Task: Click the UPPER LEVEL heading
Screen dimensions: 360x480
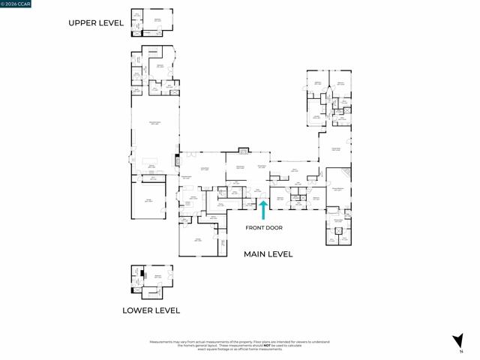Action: click(x=95, y=23)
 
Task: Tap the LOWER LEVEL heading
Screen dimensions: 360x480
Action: click(x=151, y=310)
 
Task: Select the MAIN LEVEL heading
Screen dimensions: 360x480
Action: click(x=268, y=254)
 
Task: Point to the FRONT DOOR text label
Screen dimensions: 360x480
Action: click(x=264, y=227)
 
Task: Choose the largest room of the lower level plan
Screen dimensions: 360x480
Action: click(x=157, y=277)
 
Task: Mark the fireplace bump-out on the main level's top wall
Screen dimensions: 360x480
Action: click(x=243, y=151)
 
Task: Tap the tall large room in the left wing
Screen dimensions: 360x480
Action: click(x=154, y=124)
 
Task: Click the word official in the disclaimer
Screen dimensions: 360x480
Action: click(x=244, y=349)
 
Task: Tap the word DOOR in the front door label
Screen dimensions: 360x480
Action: click(x=274, y=227)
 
